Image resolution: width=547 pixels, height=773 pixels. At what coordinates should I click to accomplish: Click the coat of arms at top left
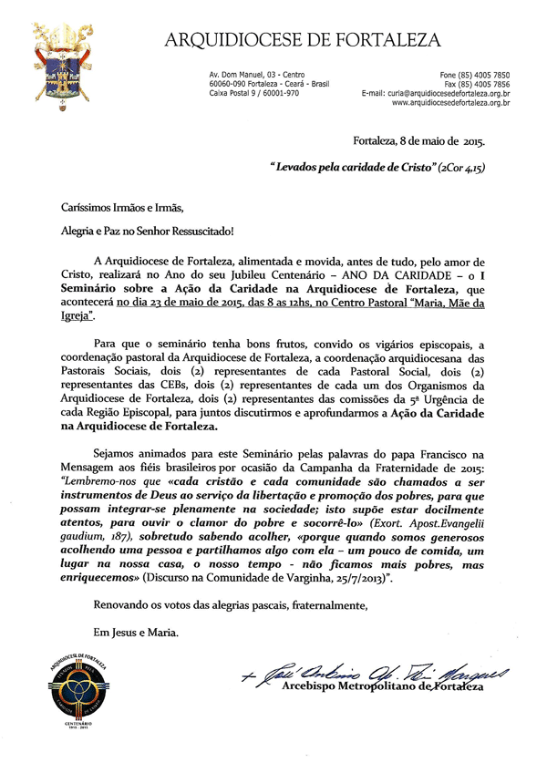coord(60,65)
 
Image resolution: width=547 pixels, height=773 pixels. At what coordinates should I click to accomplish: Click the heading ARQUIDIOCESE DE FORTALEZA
coord(301,39)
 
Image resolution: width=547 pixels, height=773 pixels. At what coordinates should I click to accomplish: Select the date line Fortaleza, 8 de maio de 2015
coord(419,140)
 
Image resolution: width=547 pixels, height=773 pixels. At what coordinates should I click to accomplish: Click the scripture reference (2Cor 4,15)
coord(460,169)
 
